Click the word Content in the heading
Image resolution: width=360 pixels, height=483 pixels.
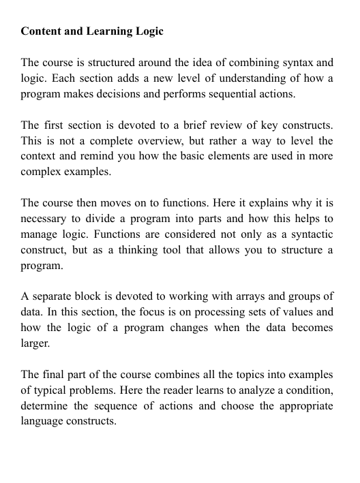[x=42, y=31]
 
